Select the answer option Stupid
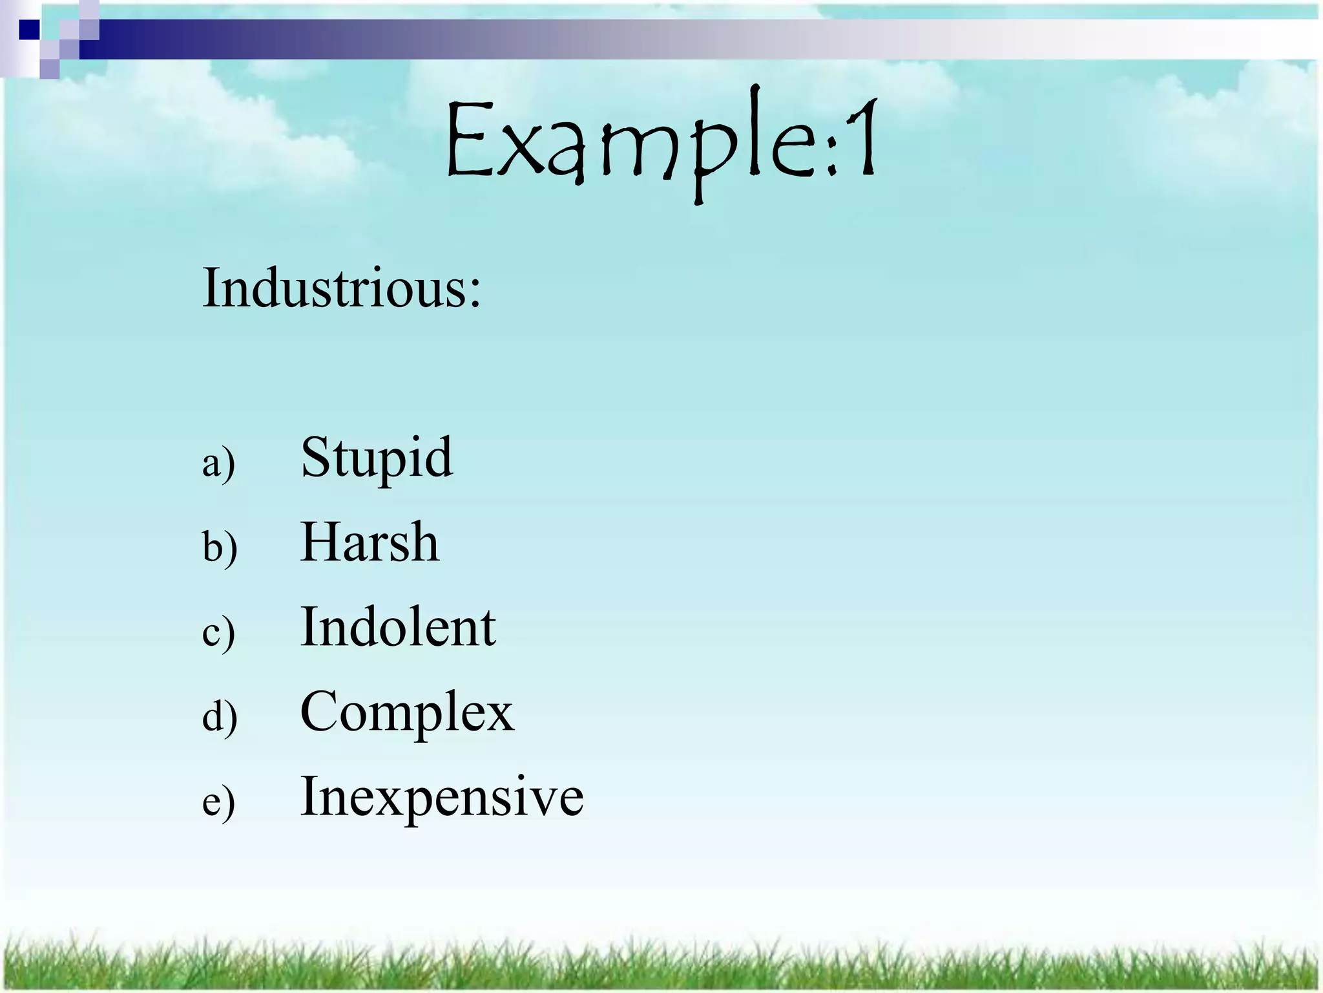(377, 458)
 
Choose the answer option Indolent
(398, 627)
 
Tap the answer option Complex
(407, 712)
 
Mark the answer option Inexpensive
(442, 796)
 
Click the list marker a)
(218, 464)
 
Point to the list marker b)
(220, 548)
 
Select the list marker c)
(218, 633)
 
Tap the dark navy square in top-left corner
(29, 29)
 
